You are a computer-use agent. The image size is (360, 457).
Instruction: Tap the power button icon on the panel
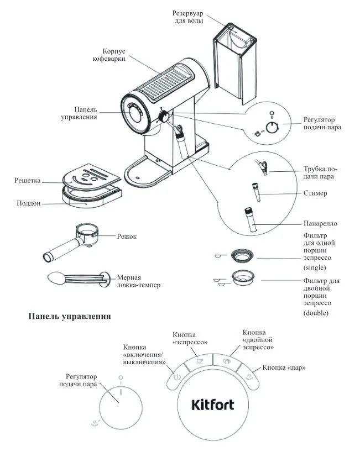176,379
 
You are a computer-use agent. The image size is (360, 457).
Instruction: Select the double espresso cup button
226,361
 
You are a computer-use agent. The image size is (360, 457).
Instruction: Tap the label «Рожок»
127,237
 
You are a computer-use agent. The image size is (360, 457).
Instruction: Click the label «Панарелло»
320,223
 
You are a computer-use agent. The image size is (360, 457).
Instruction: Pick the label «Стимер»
315,193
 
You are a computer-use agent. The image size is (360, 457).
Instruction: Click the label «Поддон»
29,203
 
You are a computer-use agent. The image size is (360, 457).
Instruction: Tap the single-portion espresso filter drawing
242,255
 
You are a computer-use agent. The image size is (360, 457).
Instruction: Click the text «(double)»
316,313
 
